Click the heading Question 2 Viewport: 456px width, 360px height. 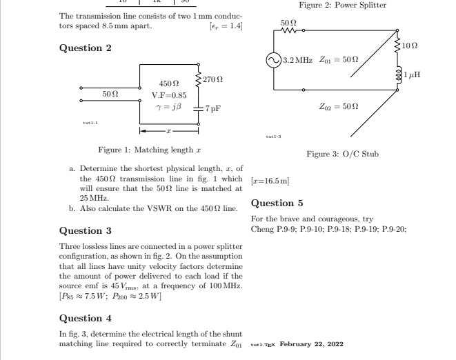86,48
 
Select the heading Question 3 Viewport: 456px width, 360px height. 86,230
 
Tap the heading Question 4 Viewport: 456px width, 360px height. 86,318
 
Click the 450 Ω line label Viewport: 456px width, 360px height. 169,82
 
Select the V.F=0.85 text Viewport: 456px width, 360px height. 169,94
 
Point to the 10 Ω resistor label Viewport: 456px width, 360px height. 411,46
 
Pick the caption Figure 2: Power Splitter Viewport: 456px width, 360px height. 343,5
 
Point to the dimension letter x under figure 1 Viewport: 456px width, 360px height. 169,130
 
